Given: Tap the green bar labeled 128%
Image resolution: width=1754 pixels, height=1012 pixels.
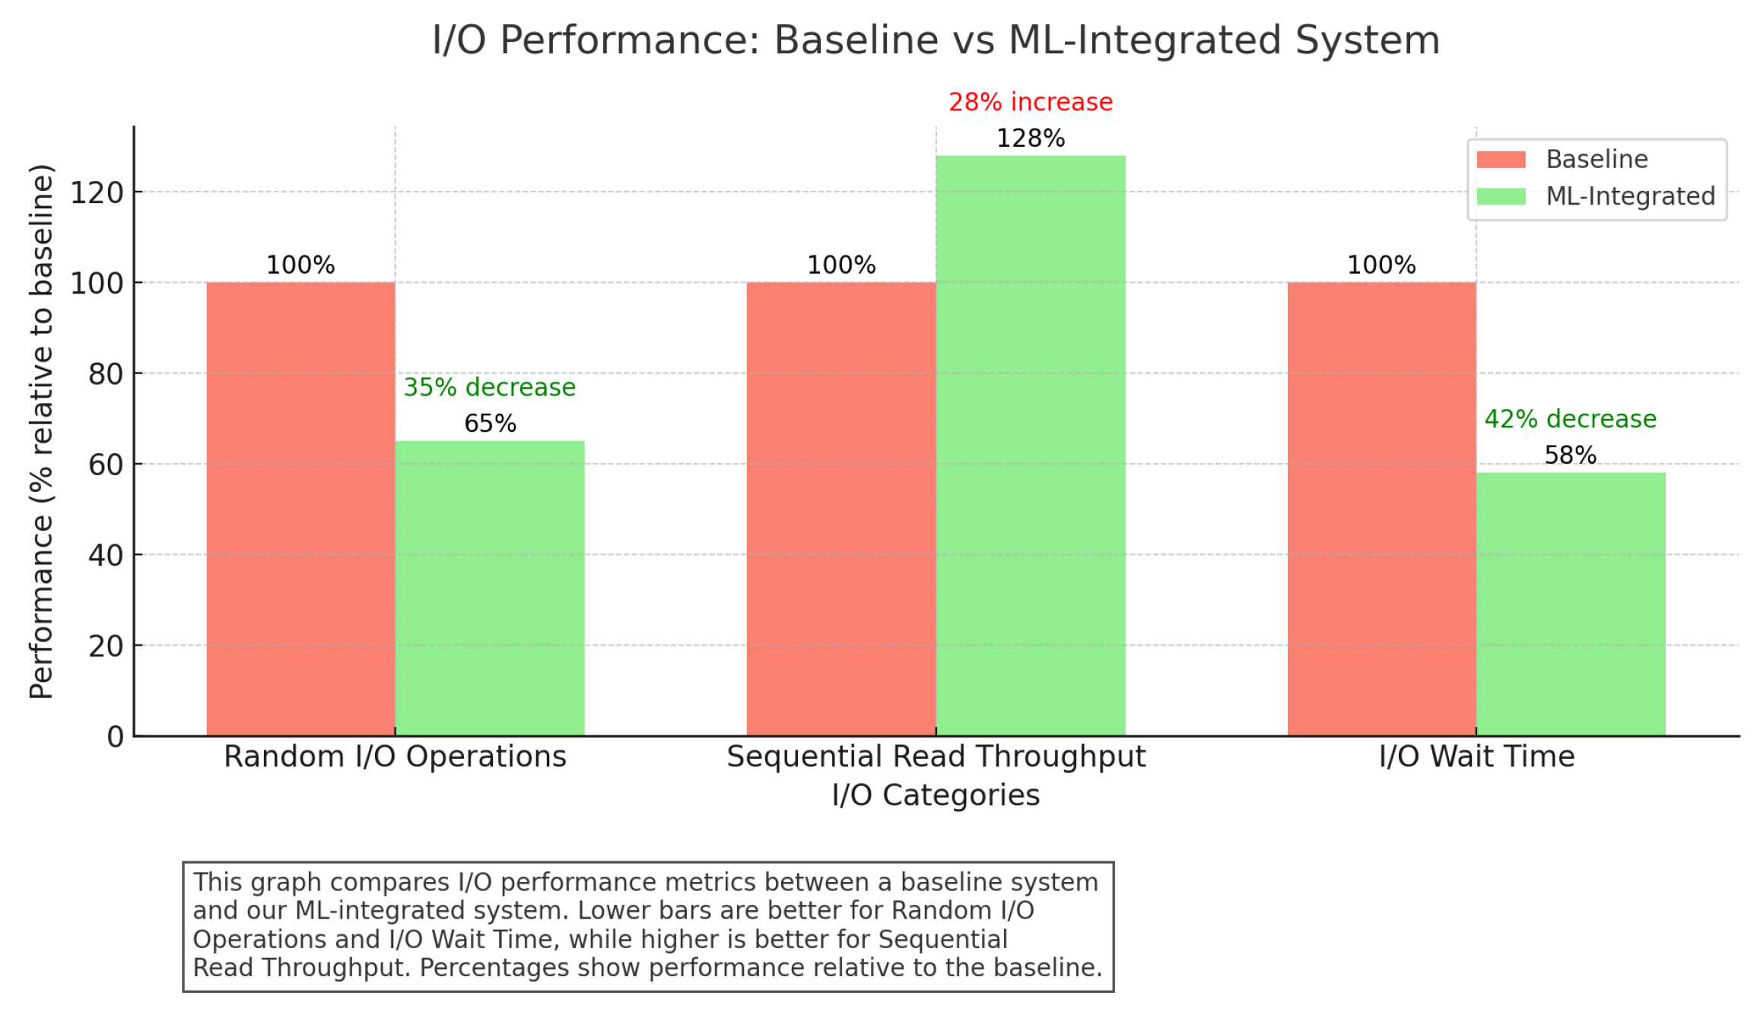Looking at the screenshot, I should (x=1030, y=445).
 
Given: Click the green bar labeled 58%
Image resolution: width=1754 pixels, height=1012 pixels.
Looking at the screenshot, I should (x=1570, y=604).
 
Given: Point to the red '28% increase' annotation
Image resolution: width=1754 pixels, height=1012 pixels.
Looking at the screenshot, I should (x=1030, y=102).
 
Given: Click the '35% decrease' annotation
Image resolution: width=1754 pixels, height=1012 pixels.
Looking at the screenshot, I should (x=489, y=387).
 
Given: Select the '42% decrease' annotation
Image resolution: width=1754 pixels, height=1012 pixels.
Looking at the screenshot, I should (x=1570, y=419).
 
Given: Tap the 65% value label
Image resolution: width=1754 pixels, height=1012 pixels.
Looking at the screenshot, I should (x=490, y=424).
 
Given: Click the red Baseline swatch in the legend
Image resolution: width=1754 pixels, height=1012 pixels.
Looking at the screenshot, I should (x=1500, y=160).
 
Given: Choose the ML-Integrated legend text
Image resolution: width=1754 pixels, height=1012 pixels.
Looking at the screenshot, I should (x=1630, y=196).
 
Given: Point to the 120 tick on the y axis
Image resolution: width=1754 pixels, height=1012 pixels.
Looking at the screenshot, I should (x=97, y=193).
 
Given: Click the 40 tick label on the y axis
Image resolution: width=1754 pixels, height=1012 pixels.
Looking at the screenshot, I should (x=106, y=556).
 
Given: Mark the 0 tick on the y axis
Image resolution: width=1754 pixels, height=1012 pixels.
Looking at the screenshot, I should (x=115, y=736).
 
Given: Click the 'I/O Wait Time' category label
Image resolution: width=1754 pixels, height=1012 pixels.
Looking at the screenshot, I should (x=1476, y=757).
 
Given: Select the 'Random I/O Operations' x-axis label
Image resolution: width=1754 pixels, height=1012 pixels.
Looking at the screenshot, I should (x=395, y=757).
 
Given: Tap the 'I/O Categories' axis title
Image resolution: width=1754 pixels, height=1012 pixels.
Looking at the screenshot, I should (x=935, y=795).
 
